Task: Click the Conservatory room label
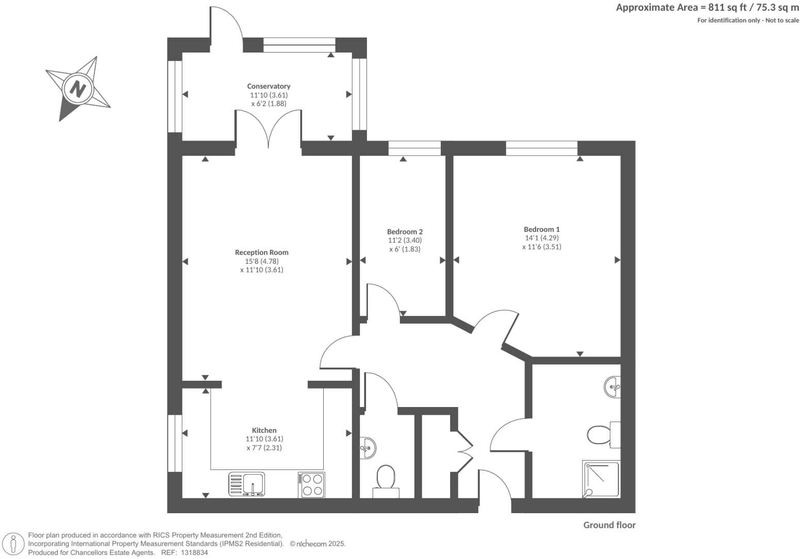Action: pos(269,86)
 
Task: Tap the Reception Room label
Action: pos(261,252)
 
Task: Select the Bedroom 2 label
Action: pos(405,232)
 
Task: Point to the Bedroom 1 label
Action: pos(541,229)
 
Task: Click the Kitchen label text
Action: pos(264,430)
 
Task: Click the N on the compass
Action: pos(78,89)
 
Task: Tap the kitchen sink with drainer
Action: pos(246,484)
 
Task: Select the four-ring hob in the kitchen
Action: pos(311,485)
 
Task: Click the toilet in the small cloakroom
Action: pos(386,480)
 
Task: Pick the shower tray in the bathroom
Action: pos(601,479)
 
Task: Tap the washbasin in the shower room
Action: pos(613,386)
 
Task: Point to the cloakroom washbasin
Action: pos(368,447)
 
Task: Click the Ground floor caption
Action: pos(609,525)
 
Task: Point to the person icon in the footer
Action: pos(13,544)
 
